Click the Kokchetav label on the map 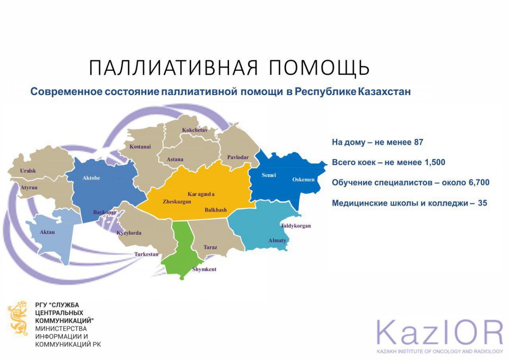195,130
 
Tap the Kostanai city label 140,147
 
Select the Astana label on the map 175,159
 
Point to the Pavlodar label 238,157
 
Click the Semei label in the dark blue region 269,175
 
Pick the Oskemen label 303,180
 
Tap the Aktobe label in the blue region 91,178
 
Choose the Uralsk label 28,171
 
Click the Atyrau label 29,188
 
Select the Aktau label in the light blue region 47,232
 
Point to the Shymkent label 204,269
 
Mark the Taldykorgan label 296,226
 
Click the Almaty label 277,240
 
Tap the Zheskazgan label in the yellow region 177,202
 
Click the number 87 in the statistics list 419,142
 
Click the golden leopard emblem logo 18,318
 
